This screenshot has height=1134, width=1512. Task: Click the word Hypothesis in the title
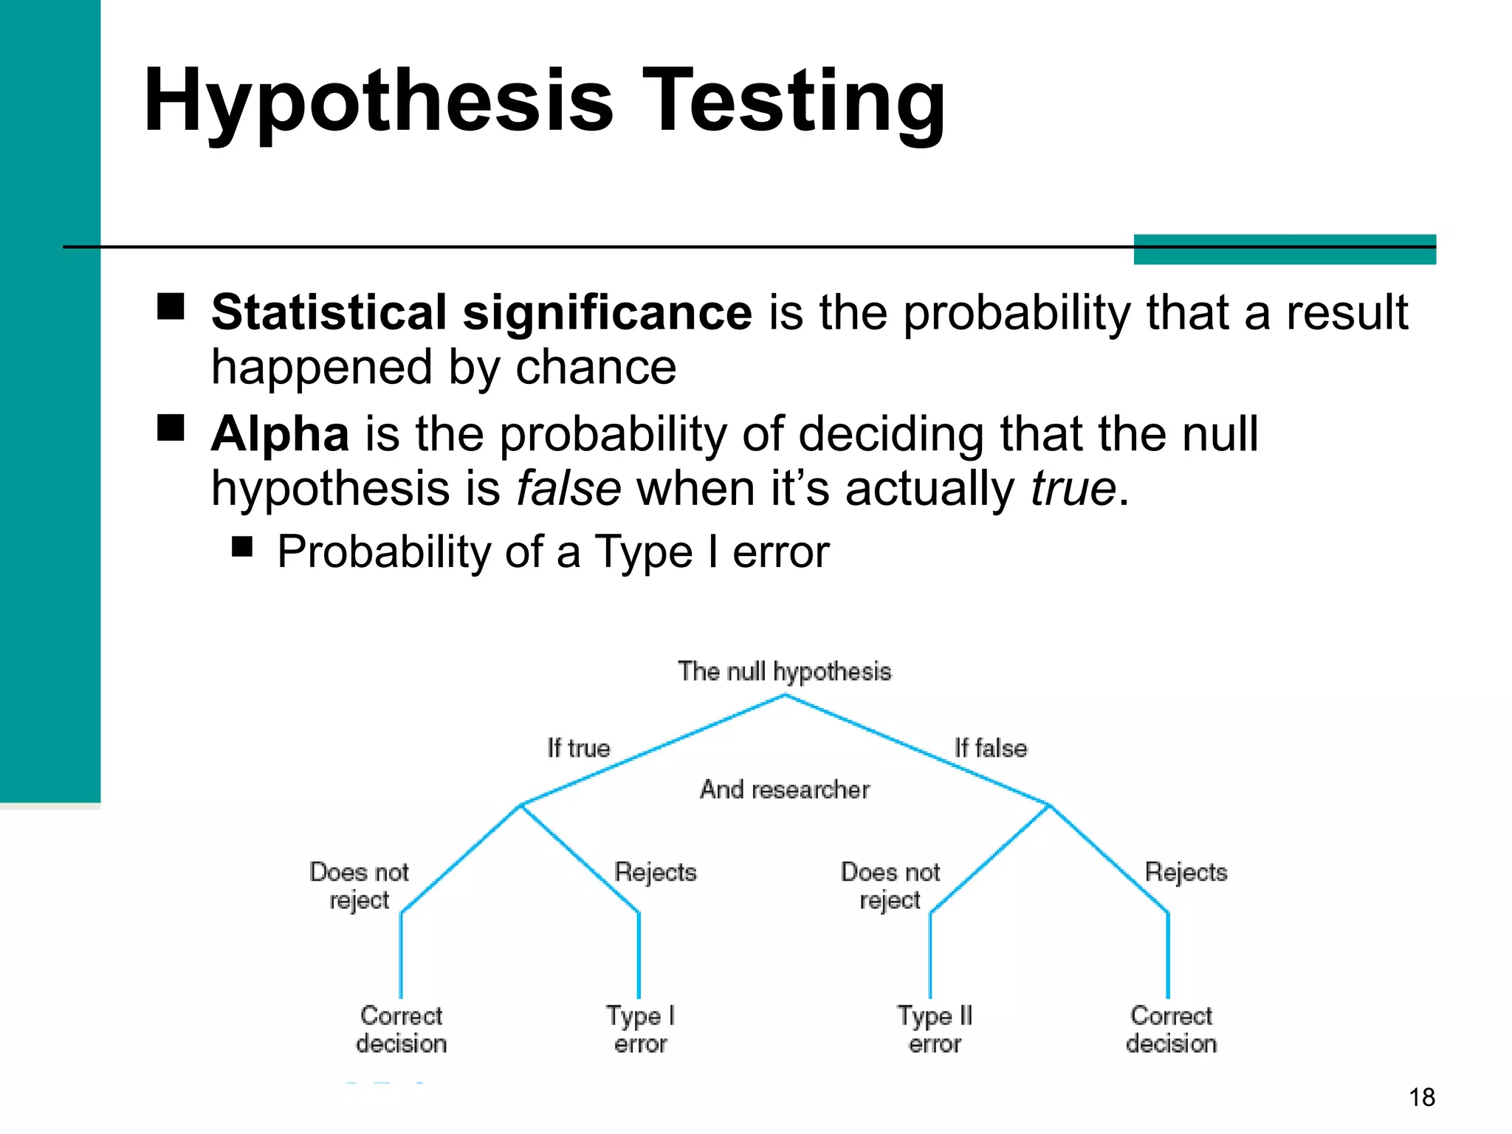[x=378, y=102]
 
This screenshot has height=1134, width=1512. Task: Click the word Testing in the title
[x=796, y=102]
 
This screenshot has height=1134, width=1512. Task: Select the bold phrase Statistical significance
[x=481, y=312]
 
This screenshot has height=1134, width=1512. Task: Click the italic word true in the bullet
[x=1073, y=489]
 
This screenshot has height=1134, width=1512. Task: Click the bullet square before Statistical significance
[x=171, y=306]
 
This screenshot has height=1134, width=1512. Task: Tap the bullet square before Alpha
[x=171, y=427]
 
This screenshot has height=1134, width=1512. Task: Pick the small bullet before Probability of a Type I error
[x=242, y=547]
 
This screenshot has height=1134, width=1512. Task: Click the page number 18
[x=1421, y=1098]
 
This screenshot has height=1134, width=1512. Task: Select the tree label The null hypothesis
[x=784, y=672]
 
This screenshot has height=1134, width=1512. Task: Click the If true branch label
[x=579, y=749]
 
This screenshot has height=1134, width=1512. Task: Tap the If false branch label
[x=990, y=749]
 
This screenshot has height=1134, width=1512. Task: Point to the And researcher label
[x=784, y=790]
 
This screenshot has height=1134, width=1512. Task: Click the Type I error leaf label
[x=640, y=1030]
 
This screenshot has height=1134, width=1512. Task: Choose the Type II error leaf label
[x=935, y=1030]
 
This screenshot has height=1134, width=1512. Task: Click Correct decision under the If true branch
[x=401, y=1030]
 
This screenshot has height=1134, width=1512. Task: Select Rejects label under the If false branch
[x=1186, y=873]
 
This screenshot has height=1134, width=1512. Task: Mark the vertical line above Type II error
[x=930, y=956]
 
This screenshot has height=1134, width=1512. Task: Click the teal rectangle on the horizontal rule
[x=1285, y=250]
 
